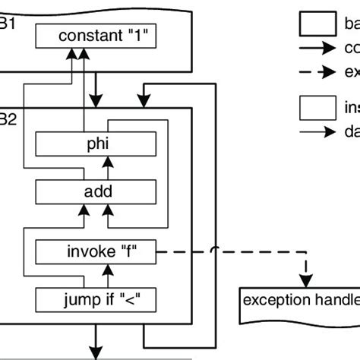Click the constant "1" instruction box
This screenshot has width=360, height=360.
point(97,36)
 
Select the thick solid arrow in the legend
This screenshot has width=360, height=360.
point(317,49)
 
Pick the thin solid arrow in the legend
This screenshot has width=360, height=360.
point(317,131)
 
